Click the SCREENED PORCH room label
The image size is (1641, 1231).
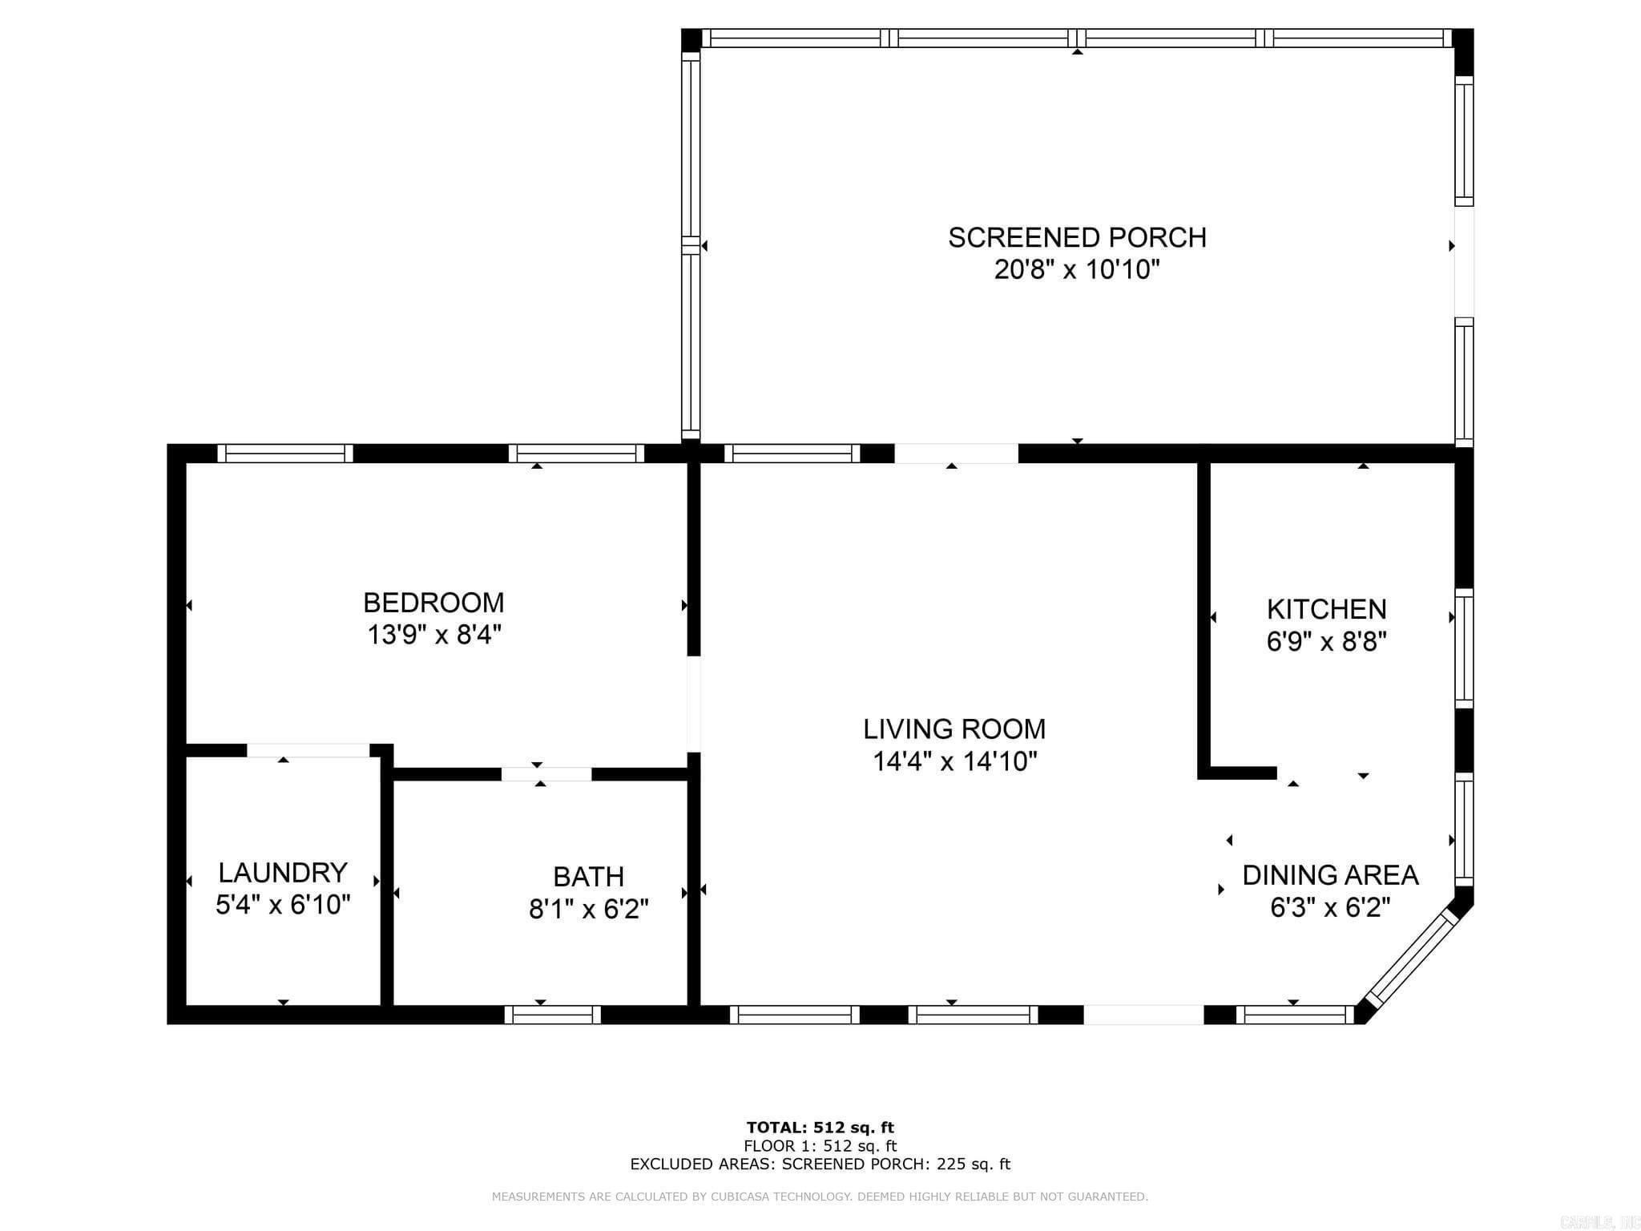1076,237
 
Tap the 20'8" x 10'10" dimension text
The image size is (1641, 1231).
1076,270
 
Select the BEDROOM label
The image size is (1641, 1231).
433,602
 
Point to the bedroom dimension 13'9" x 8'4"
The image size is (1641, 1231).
433,635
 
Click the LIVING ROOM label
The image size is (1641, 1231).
954,729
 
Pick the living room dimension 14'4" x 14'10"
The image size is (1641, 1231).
954,761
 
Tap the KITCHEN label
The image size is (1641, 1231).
1326,609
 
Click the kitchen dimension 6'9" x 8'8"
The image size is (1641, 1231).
1326,642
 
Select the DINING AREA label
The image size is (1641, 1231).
1330,874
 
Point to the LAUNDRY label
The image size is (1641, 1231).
283,872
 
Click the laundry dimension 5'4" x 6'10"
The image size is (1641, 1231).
283,905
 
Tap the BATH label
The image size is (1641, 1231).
588,877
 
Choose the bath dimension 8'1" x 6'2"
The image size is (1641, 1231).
588,910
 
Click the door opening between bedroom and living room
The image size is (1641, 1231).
694,704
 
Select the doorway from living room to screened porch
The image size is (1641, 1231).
956,454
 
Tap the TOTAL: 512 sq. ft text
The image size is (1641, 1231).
820,1128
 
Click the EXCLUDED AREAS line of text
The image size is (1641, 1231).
820,1164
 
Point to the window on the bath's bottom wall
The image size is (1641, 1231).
552,1015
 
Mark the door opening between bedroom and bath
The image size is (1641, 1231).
546,774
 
